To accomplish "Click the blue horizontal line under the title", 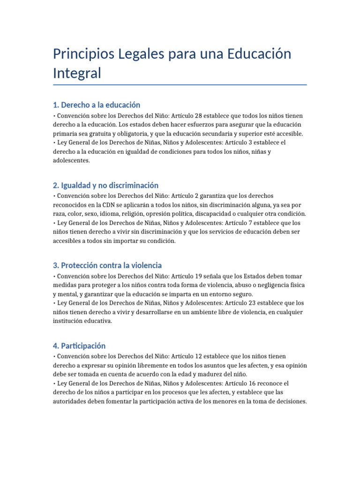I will [x=180, y=85].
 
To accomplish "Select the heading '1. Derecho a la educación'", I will [x=97, y=105].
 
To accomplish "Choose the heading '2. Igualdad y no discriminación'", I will [x=105, y=185].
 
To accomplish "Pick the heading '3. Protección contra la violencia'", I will [x=107, y=265].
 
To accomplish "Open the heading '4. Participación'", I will [x=79, y=346].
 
